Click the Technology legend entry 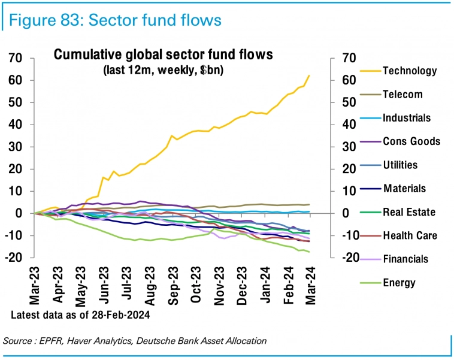(x=410, y=71)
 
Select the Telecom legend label (x=402, y=94)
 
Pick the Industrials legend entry (x=407, y=118)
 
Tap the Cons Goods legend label (x=411, y=141)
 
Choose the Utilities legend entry (x=400, y=165)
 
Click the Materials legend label (x=404, y=188)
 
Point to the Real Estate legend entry (x=409, y=212)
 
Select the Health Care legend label (x=410, y=235)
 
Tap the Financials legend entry (x=405, y=259)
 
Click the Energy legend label (x=399, y=283)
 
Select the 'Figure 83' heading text (x=43, y=20)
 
